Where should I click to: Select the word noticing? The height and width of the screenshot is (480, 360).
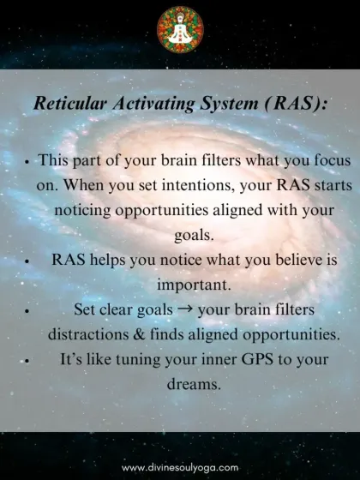(x=87, y=209)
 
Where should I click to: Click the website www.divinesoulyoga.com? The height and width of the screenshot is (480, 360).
(x=180, y=468)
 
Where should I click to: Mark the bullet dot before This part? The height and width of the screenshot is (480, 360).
(x=27, y=161)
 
